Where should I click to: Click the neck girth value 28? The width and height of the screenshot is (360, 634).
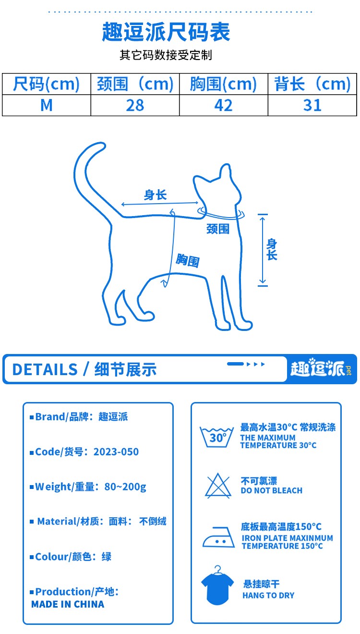[x=135, y=105]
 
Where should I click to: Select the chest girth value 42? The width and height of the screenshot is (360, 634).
[x=223, y=105]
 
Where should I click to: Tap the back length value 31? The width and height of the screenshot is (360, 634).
[x=312, y=105]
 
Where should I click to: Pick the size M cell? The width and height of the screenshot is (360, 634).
[x=47, y=105]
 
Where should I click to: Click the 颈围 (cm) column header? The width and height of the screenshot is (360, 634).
[x=135, y=84]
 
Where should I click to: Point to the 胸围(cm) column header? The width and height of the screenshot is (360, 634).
[x=223, y=84]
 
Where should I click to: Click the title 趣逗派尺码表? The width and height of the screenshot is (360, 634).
[x=166, y=32]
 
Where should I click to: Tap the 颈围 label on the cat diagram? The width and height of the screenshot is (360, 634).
[x=218, y=229]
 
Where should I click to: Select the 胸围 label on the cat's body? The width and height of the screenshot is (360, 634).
[x=188, y=260]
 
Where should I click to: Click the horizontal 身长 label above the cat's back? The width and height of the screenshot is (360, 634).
[x=155, y=195]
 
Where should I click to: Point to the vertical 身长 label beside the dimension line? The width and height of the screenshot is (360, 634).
[x=272, y=249]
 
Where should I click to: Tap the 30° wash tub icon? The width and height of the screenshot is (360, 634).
[x=217, y=437]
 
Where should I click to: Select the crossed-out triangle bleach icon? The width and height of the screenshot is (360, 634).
[x=218, y=486]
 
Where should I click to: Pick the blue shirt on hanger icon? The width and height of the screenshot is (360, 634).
[x=217, y=585]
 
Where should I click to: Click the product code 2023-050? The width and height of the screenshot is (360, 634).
[x=116, y=451]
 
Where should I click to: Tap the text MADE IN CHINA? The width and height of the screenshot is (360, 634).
[x=68, y=604]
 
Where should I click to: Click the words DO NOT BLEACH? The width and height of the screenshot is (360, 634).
[x=272, y=490]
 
